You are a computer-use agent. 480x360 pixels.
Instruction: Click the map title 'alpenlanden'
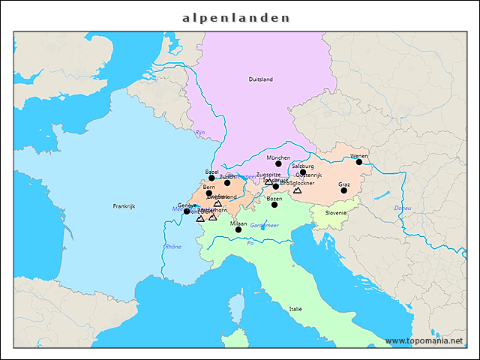(236, 16)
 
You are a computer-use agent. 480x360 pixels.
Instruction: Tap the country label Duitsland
(260, 79)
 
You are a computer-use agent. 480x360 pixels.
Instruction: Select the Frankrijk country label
(123, 206)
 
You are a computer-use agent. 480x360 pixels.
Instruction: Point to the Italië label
(295, 309)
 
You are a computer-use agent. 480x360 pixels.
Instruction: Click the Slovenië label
(336, 213)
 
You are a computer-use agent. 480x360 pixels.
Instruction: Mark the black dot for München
(278, 163)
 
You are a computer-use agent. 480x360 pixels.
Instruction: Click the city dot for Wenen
(358, 162)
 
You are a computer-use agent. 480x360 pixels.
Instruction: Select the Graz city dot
(343, 190)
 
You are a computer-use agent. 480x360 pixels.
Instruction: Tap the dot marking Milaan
(238, 229)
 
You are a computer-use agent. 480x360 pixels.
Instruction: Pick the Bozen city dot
(274, 205)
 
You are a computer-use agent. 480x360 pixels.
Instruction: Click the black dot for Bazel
(211, 178)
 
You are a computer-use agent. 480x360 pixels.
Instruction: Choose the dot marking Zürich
(227, 183)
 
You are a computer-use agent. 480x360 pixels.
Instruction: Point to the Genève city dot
(187, 211)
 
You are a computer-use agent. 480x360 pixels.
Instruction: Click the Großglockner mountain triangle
(297, 190)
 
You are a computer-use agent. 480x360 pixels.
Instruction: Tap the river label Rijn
(199, 132)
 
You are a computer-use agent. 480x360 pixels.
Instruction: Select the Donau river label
(403, 208)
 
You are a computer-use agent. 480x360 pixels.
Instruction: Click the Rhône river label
(173, 247)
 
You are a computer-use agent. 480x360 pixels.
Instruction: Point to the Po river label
(250, 243)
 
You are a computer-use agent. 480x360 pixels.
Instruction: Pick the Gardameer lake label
(264, 225)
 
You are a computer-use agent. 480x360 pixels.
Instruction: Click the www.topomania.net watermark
(424, 340)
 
